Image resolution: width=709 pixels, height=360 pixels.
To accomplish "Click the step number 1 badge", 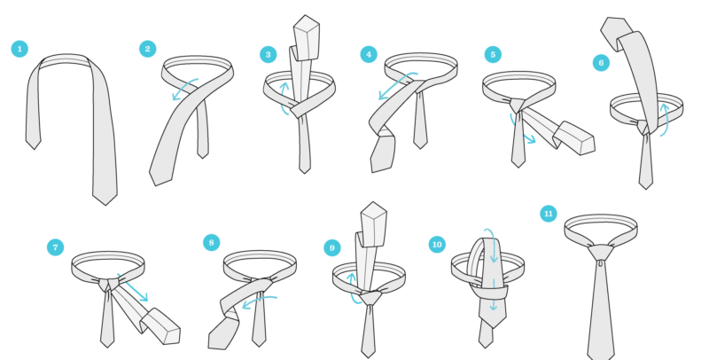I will click(x=19, y=48).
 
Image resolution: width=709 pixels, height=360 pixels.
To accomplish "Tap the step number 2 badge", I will click(x=149, y=49).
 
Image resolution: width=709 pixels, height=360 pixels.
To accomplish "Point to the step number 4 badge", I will click(x=369, y=54).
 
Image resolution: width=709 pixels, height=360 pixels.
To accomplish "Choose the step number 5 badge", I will click(x=493, y=55).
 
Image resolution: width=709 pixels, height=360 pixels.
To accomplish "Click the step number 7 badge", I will click(x=57, y=247).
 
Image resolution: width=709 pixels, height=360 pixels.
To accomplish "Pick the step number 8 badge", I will click(x=211, y=241).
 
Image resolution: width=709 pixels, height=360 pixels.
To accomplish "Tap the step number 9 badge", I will click(x=332, y=247).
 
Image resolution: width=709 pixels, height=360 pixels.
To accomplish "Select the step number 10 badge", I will click(x=436, y=244).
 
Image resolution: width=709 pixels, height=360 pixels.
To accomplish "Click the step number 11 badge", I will click(x=549, y=214).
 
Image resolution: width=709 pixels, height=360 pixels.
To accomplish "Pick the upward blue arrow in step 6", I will click(x=664, y=119).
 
